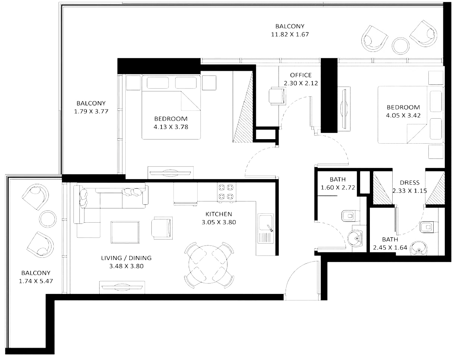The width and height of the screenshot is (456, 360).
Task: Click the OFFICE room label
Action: tap(301, 75)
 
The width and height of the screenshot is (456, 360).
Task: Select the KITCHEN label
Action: tap(219, 214)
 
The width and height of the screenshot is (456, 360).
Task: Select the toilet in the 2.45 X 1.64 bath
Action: tap(426, 226)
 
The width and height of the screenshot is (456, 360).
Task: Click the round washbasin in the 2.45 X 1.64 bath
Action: tap(420, 247)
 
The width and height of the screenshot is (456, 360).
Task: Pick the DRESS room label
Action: tap(409, 183)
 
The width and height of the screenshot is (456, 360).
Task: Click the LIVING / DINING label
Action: tap(126, 258)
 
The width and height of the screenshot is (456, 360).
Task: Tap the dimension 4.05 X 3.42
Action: tap(403, 115)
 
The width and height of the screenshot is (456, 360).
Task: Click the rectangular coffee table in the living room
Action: tap(125, 232)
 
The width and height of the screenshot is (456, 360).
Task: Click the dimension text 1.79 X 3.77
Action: tap(91, 111)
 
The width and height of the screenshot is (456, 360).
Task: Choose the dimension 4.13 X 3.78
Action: tap(170, 126)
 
